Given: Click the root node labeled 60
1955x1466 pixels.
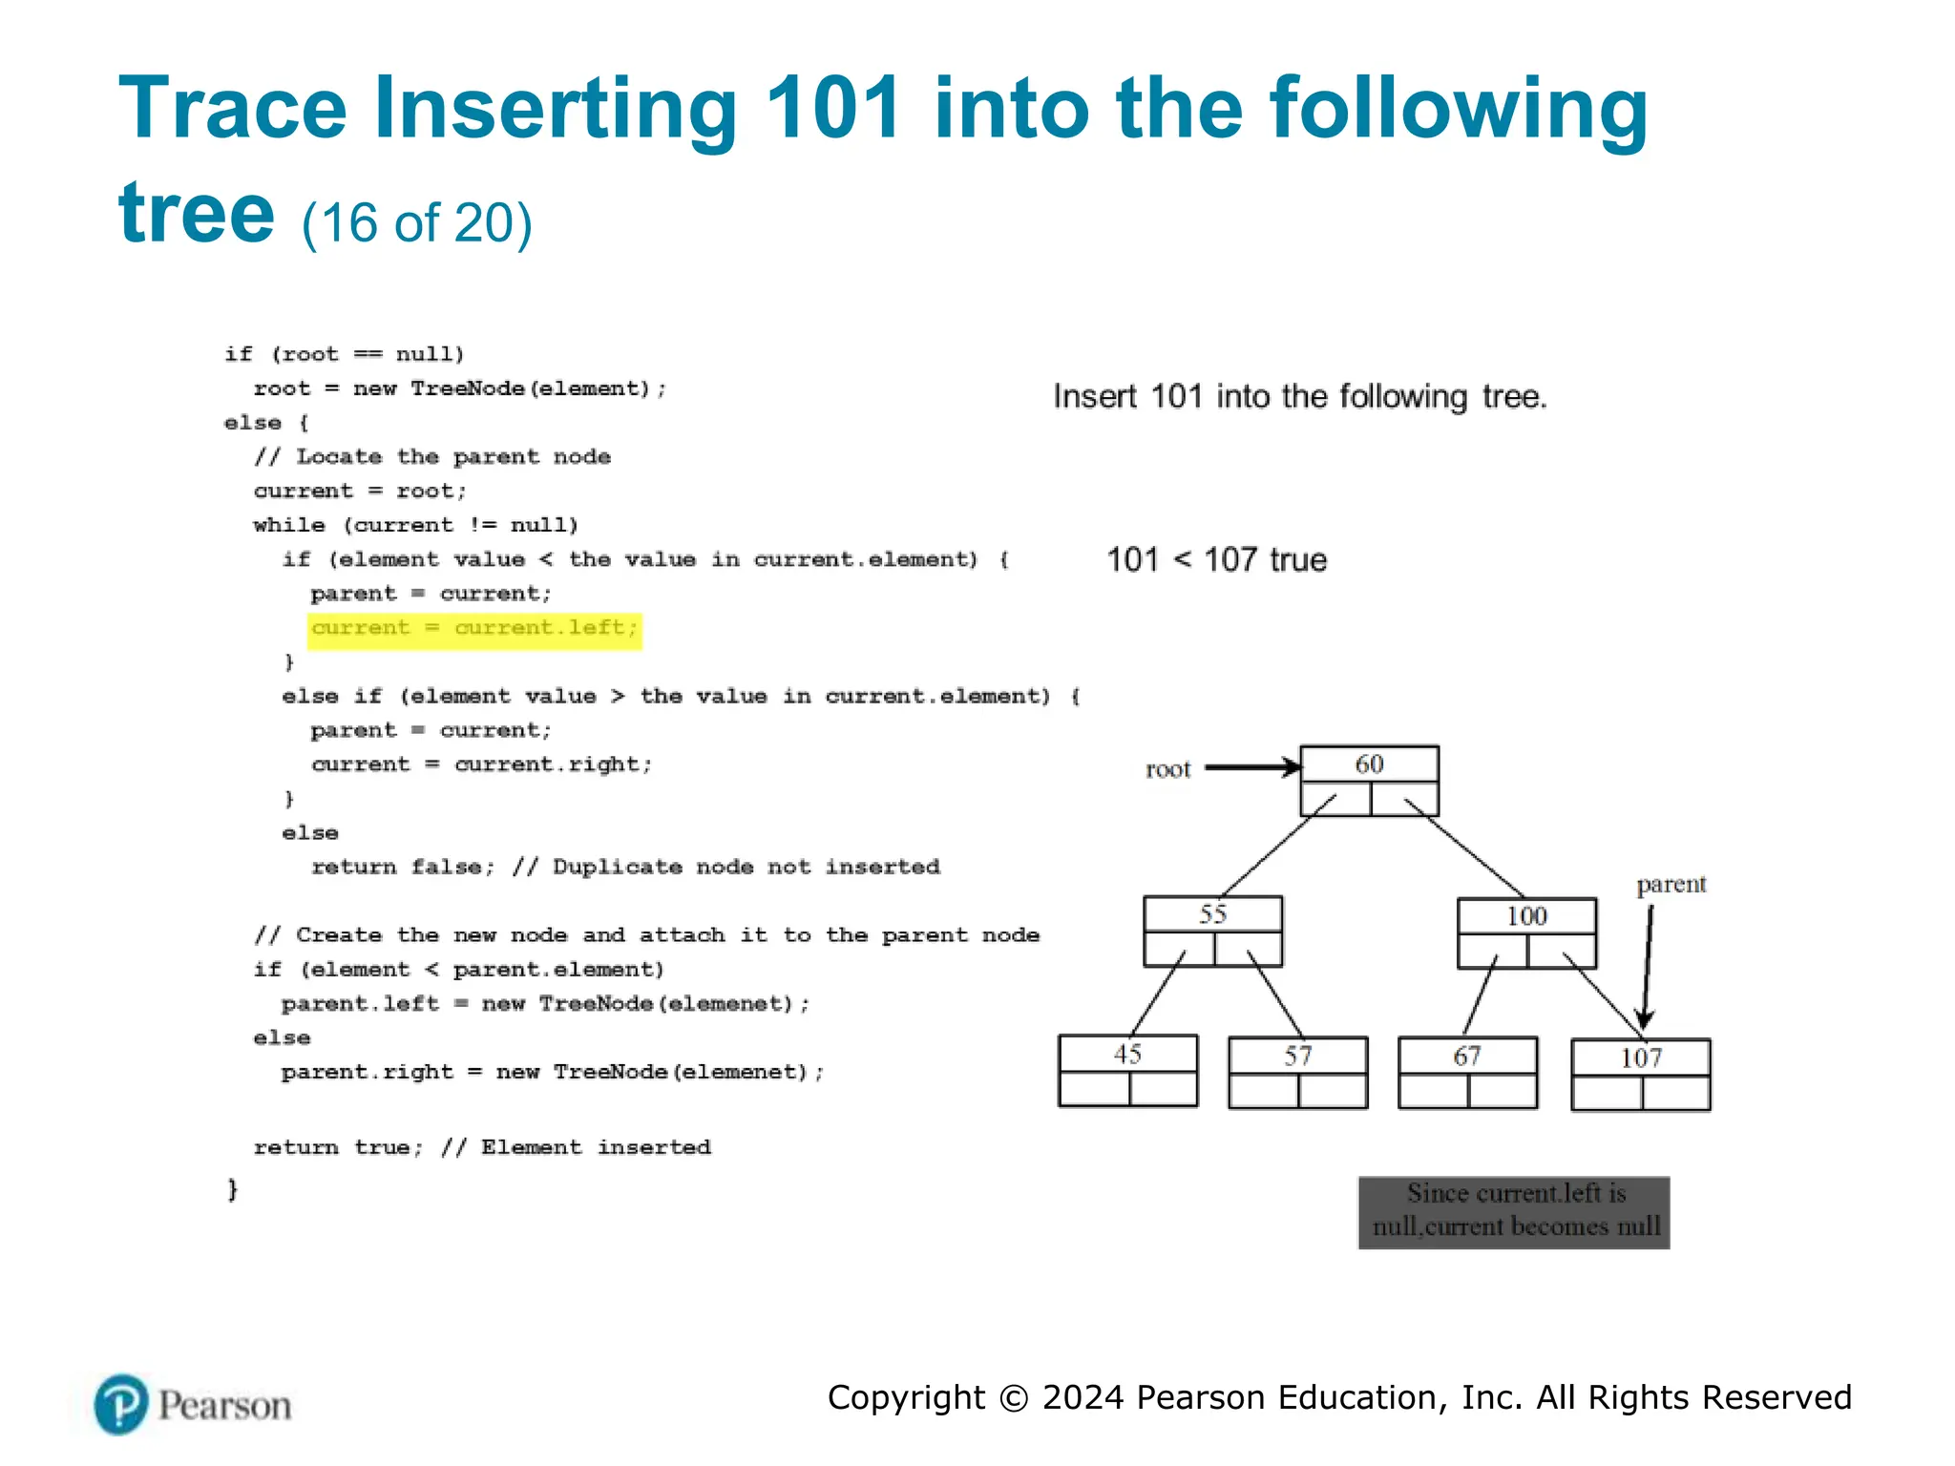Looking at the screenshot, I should click(1369, 780).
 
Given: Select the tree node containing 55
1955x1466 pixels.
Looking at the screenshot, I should click(1212, 931).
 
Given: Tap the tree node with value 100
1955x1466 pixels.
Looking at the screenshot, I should click(1525, 932).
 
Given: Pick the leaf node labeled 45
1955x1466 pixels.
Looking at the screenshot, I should click(1127, 1070).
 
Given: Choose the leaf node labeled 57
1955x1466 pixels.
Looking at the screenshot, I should click(1297, 1072).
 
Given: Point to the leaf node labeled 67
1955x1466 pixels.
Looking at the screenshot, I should click(1467, 1072).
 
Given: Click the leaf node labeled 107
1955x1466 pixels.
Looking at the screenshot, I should click(1640, 1074).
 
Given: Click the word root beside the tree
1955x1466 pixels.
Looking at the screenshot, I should click(1167, 769).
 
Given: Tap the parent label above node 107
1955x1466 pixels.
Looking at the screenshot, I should click(1671, 884).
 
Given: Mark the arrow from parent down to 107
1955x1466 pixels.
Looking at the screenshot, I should click(1647, 964).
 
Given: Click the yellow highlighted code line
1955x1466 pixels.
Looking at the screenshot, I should click(474, 629).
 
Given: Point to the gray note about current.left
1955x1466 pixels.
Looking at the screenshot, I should click(1514, 1211).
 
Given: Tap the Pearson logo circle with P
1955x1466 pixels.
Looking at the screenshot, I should click(121, 1404).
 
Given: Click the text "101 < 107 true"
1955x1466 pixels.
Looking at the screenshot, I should click(1216, 559).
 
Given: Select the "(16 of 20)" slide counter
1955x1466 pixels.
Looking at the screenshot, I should click(417, 223).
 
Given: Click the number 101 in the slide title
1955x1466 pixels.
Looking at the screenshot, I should click(833, 108).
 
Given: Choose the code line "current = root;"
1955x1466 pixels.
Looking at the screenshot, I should click(360, 492).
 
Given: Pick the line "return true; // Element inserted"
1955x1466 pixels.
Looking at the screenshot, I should click(482, 1147).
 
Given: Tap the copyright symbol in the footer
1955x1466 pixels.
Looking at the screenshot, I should click(1014, 1398).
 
